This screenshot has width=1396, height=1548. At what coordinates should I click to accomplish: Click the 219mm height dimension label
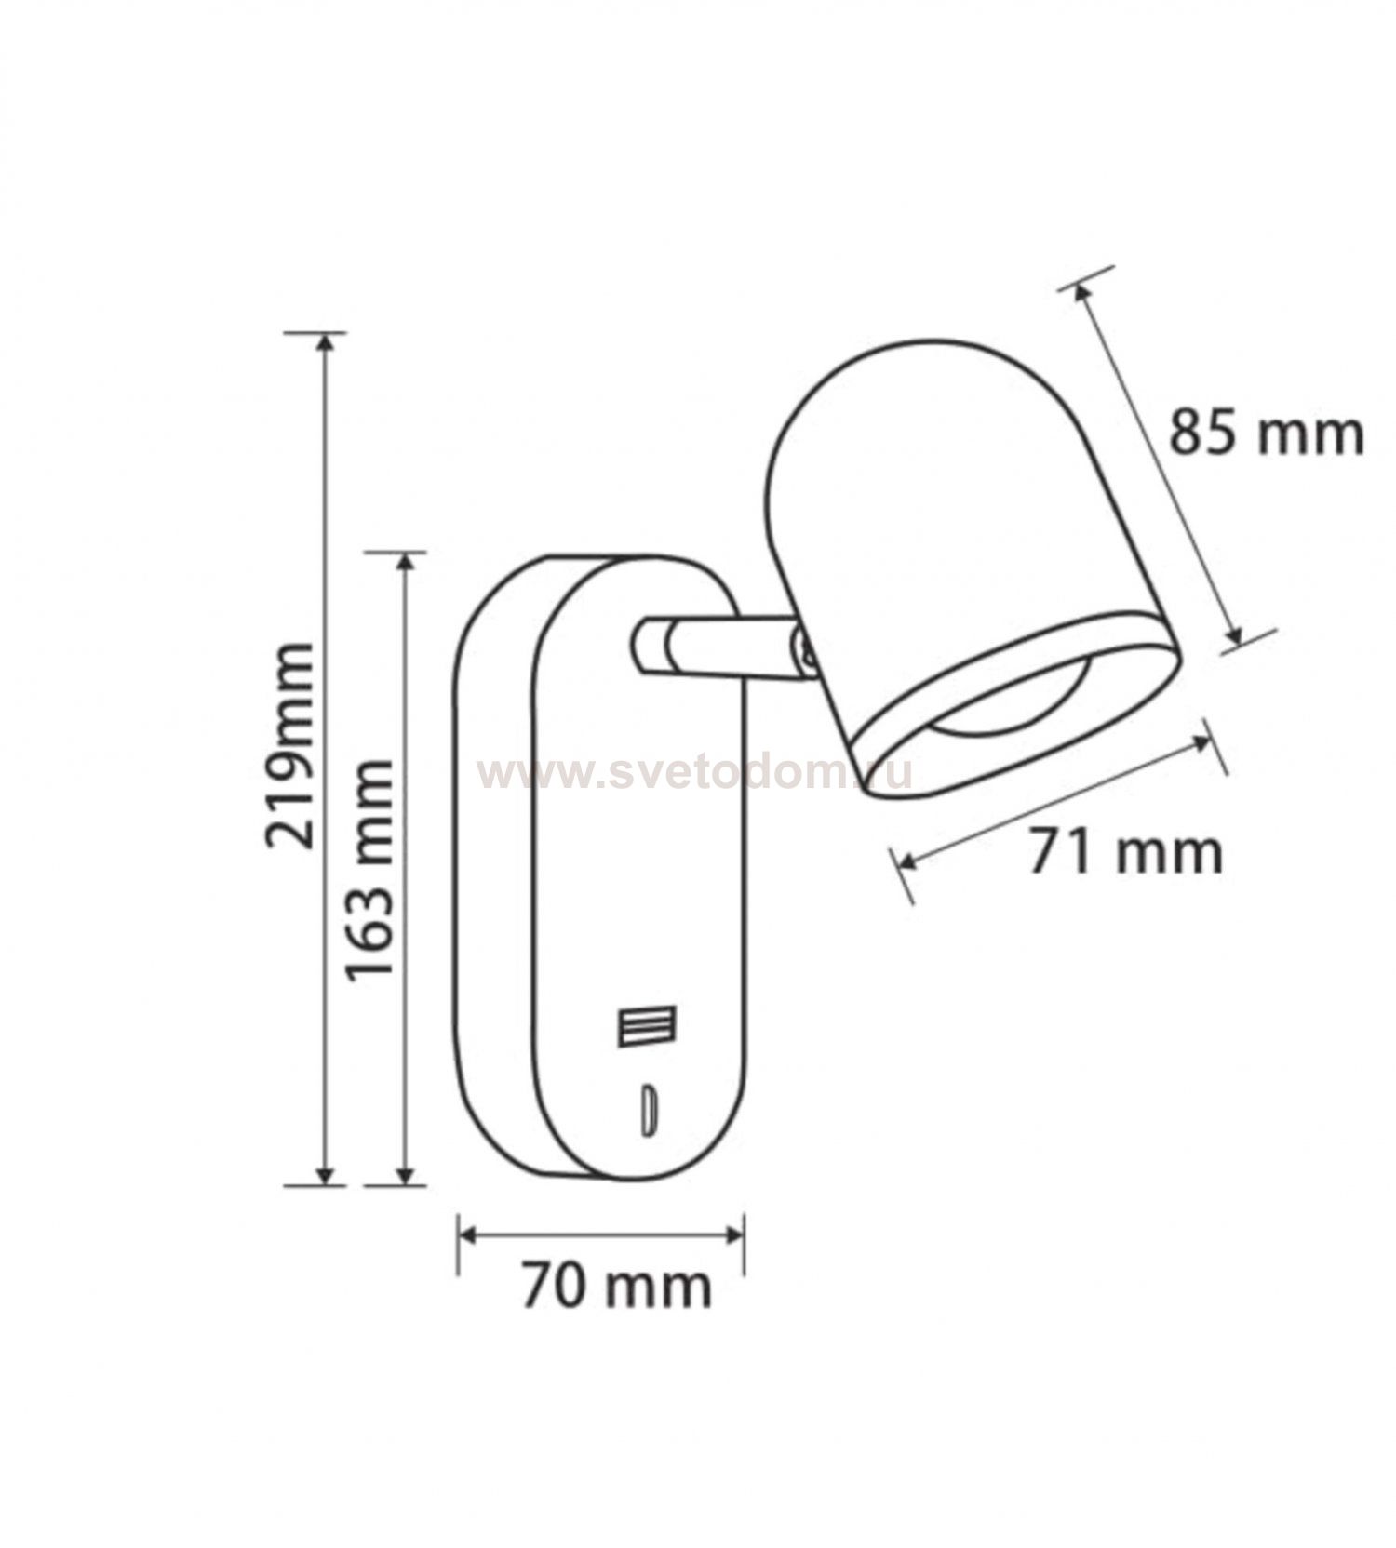tap(289, 744)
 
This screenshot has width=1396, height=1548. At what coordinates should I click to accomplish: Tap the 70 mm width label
tap(616, 1287)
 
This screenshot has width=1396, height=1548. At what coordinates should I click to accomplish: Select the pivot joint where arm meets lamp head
tap(805, 649)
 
